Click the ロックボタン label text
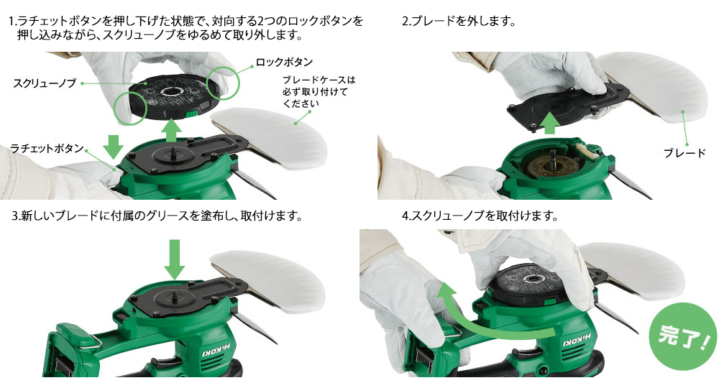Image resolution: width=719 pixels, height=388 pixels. click(284, 62)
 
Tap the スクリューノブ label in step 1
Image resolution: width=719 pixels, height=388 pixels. click(45, 83)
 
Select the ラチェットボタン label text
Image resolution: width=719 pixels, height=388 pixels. click(47, 149)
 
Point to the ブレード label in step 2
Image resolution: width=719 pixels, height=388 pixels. click(684, 153)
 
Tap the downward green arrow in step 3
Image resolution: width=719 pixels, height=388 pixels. click(174, 259)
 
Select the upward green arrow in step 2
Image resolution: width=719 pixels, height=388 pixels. click(549, 123)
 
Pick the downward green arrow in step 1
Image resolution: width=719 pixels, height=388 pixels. click(113, 146)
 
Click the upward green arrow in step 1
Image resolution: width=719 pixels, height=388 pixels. click(171, 131)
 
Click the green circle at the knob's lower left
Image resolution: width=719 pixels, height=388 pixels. click(130, 108)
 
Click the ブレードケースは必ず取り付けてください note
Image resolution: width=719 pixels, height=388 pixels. click(319, 92)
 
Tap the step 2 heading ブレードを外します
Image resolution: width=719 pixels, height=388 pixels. click(459, 22)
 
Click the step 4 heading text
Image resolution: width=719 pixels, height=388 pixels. click(480, 216)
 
